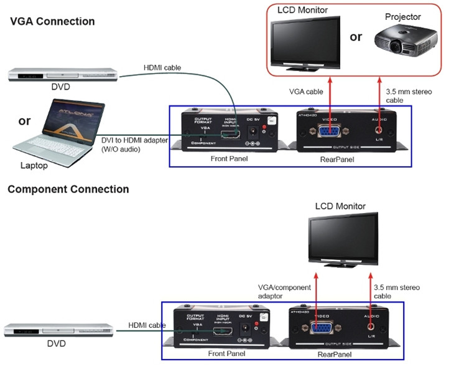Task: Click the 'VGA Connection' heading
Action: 52,22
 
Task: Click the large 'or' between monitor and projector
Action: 356,37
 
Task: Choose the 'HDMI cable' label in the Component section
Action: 147,325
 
